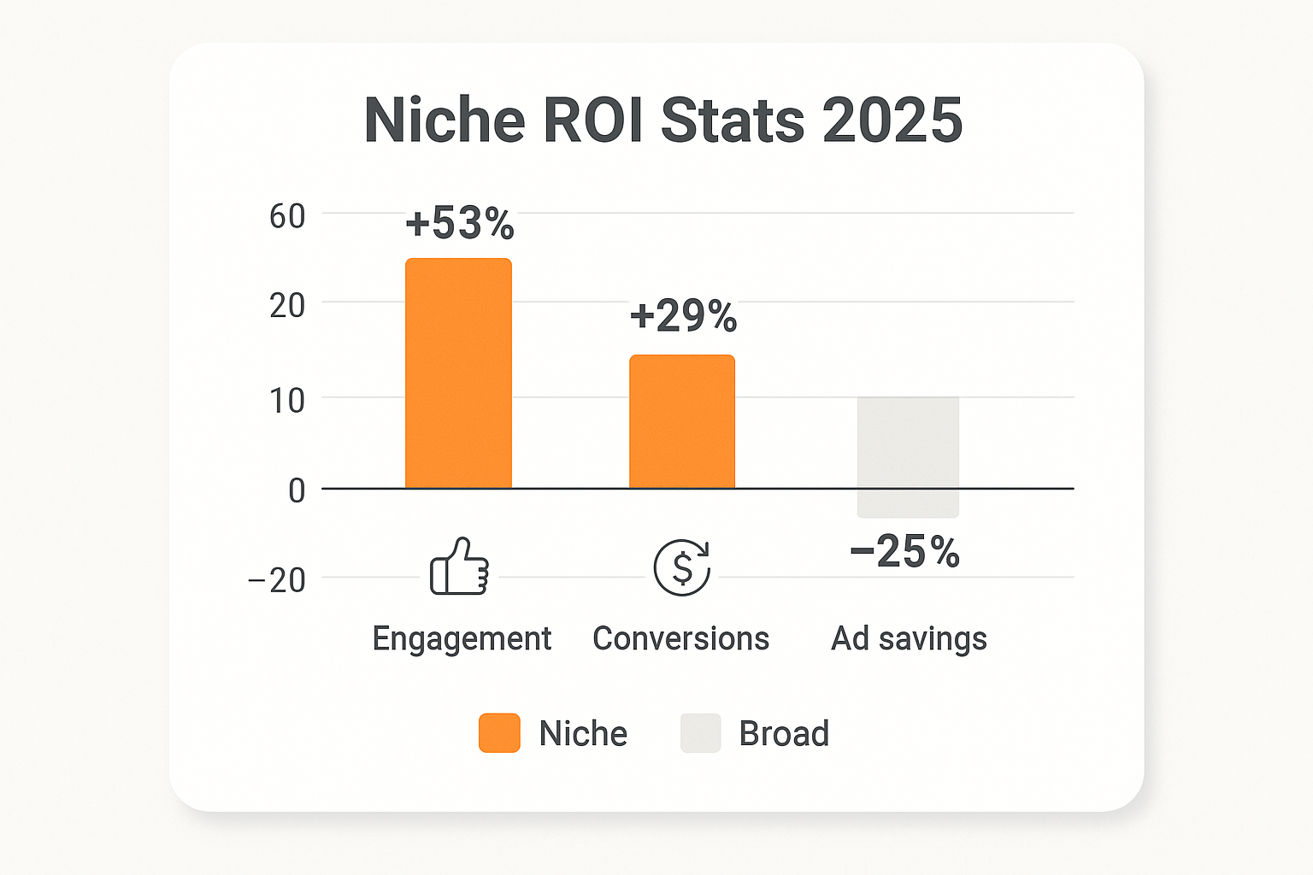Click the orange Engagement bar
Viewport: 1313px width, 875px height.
458,373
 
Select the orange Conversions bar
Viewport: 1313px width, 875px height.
682,421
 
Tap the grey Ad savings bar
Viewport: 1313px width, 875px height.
908,456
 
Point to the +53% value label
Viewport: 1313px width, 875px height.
460,223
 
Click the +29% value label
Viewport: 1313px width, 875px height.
683,316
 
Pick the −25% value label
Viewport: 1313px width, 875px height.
905,552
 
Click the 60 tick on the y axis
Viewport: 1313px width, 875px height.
287,217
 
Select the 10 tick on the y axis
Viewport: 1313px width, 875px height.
287,401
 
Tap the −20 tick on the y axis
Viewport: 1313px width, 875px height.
277,580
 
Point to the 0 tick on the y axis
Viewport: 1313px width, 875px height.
297,491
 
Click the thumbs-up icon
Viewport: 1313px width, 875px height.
459,567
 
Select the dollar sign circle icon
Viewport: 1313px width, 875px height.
682,567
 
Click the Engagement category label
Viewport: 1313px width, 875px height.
462,639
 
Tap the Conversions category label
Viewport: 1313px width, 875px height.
681,639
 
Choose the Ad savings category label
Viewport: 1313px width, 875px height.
909,639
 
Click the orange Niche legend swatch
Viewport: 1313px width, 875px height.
499,733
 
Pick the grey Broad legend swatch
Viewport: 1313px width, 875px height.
701,733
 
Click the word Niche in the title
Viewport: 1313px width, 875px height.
444,120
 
